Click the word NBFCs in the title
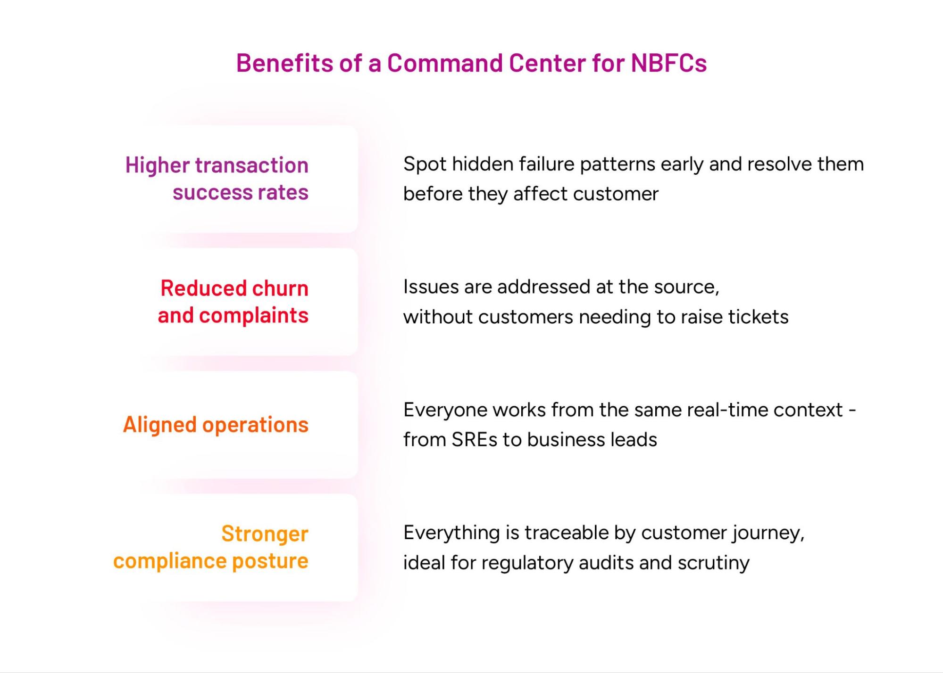(x=669, y=63)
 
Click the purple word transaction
(x=251, y=165)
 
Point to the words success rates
(x=241, y=193)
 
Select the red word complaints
(x=254, y=316)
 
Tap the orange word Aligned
(x=159, y=425)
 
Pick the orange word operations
(x=255, y=425)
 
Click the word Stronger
(x=265, y=534)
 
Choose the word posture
(x=270, y=561)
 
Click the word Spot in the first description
(x=425, y=164)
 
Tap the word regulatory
(x=527, y=563)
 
